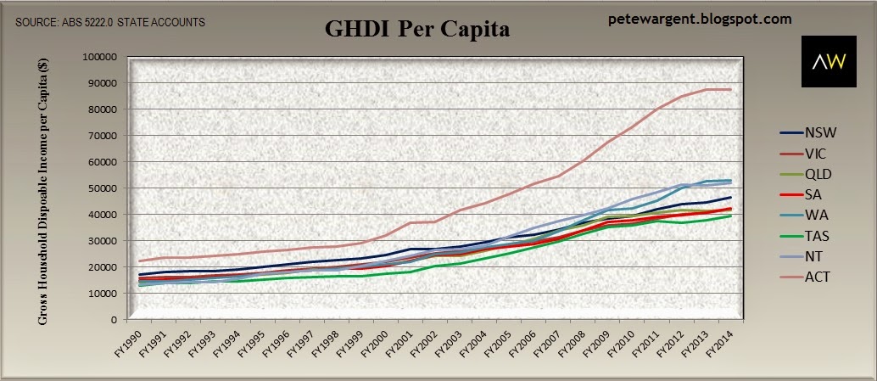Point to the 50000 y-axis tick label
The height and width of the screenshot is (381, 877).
[x=104, y=188]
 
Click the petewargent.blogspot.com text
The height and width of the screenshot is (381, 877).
[x=700, y=18]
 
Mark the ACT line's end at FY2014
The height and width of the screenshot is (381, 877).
[x=730, y=90]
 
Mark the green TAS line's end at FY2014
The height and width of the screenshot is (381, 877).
[x=730, y=216]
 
